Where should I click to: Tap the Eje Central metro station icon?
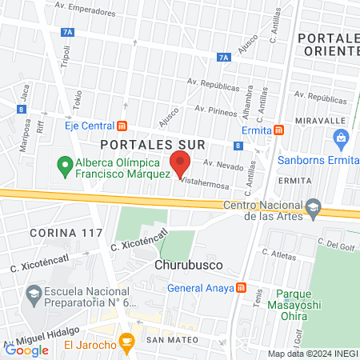pos(122,125)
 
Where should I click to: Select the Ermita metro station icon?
pos(278,130)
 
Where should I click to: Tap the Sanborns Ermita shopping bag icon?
pos(342,138)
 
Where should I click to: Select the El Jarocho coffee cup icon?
pos(126,343)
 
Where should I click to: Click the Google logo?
pos(27,349)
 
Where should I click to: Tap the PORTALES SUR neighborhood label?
pos(154,144)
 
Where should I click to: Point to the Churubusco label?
pos(182,264)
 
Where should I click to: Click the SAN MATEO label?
pos(172,340)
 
